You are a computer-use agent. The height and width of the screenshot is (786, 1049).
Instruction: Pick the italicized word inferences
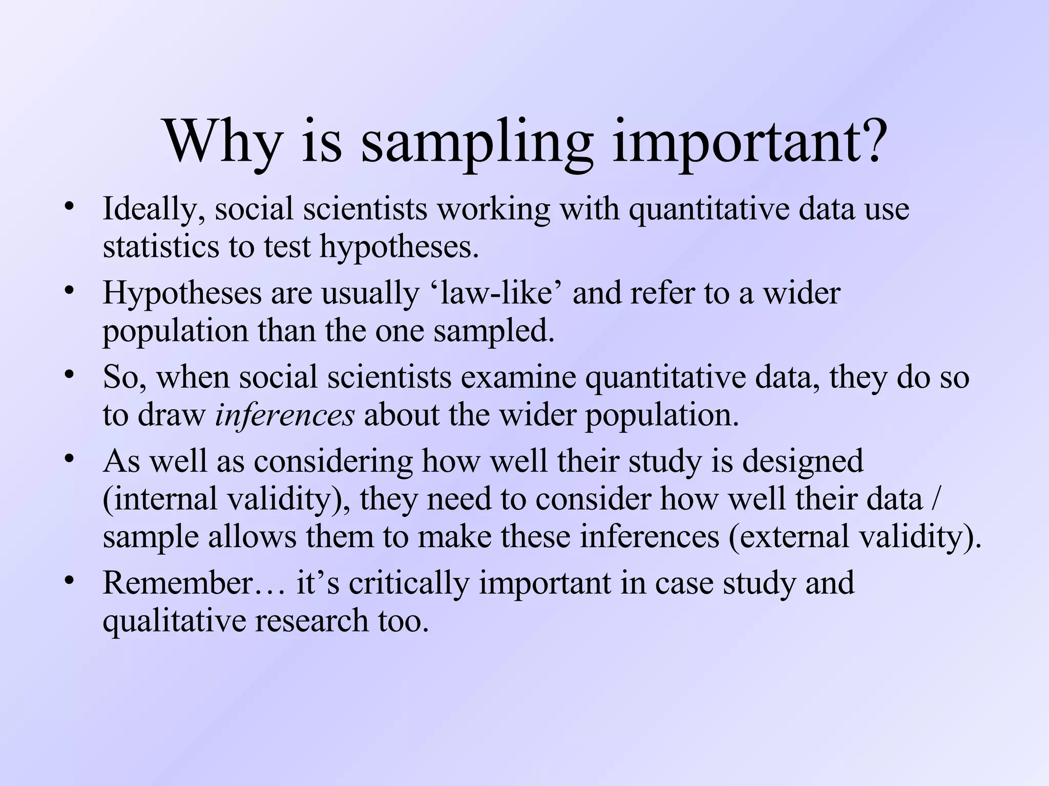285,415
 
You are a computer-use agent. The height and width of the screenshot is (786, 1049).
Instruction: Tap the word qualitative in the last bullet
174,621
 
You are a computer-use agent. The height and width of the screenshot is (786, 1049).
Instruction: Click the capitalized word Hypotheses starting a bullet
182,294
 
